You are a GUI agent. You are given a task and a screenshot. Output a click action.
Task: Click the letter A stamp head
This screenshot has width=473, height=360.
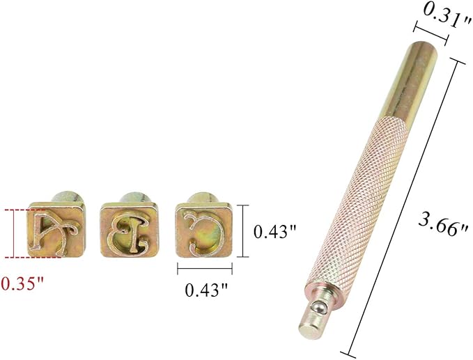coord(56,230)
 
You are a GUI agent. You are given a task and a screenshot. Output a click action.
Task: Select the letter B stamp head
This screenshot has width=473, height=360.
coord(130,230)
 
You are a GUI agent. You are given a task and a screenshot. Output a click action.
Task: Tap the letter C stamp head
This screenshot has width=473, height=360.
coord(203,230)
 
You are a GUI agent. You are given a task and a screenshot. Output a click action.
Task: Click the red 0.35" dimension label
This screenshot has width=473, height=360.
coord(22,283)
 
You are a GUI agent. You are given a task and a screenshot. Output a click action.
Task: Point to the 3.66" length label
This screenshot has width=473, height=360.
coord(443,224)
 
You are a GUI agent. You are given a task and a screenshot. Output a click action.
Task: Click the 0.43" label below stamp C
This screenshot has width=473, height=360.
coord(206,290)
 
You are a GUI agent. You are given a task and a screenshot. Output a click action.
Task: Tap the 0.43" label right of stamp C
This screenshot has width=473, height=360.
coord(275,232)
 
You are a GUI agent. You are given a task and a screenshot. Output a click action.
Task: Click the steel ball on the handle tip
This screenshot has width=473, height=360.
coord(318,308)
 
